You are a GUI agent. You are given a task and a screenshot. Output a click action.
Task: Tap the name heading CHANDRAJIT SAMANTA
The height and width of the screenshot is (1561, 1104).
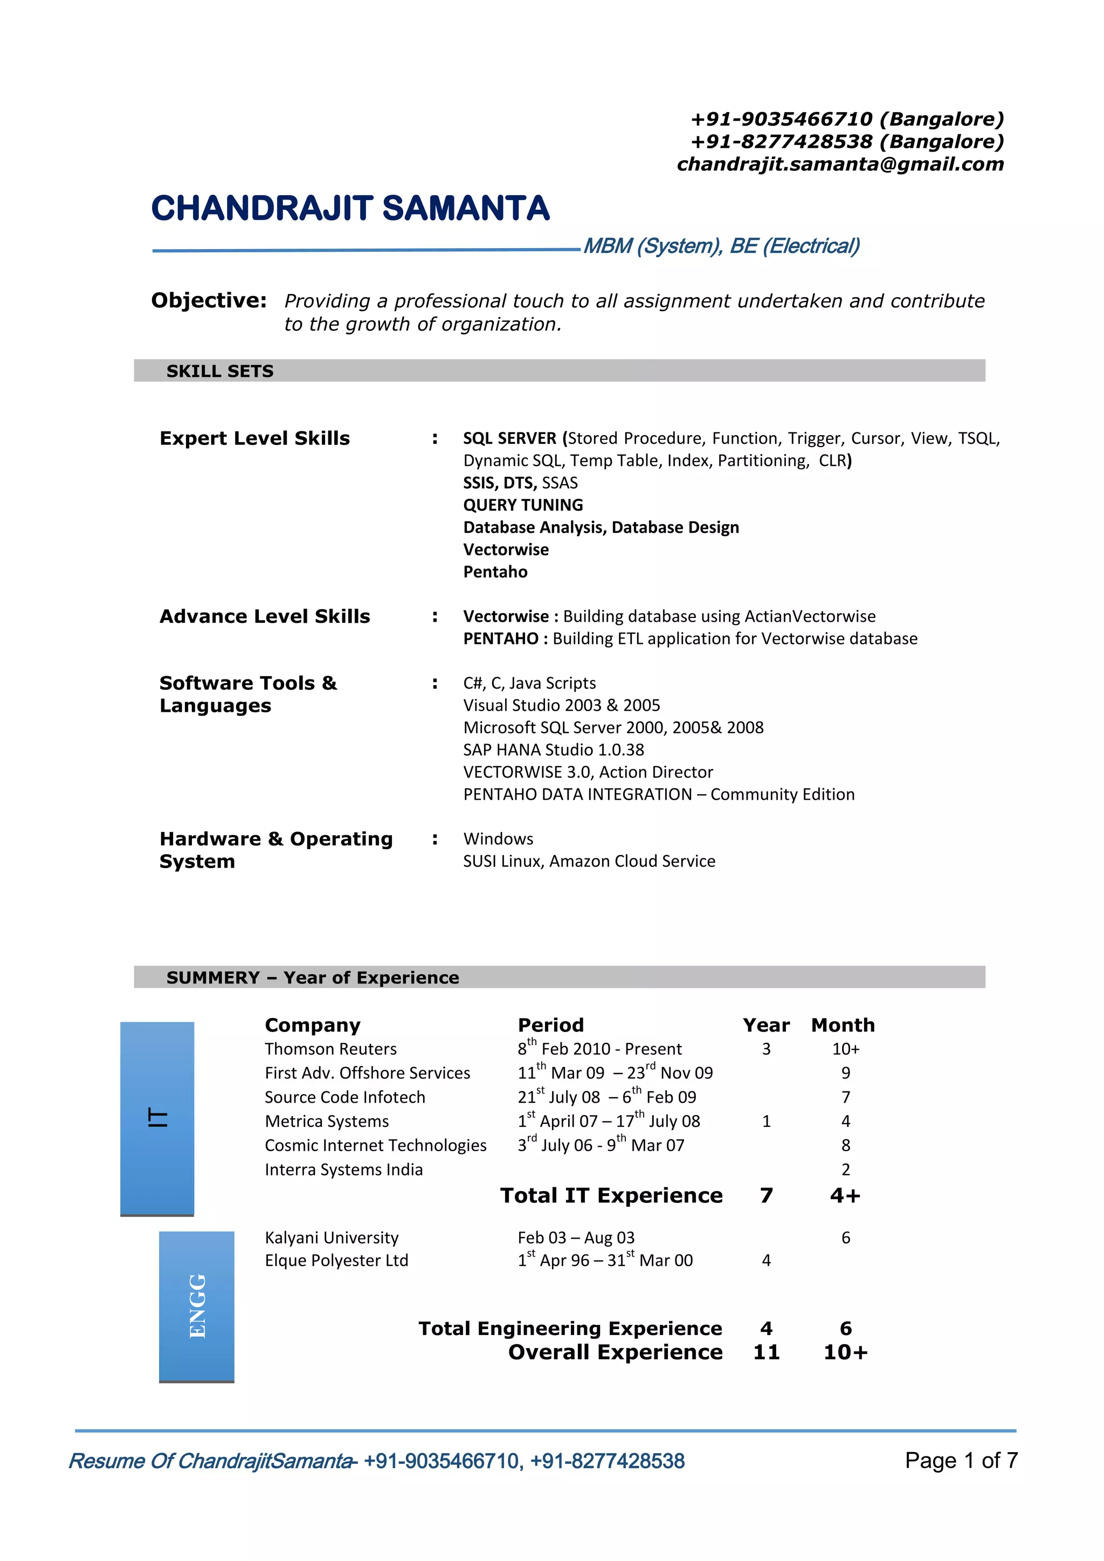tap(350, 208)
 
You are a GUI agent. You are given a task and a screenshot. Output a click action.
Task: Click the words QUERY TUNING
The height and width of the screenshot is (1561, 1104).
tap(523, 505)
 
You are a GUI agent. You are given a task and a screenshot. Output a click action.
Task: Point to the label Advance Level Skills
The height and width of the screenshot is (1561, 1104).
tap(265, 617)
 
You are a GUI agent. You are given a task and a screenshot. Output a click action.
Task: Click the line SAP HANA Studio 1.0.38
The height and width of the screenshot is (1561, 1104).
tap(554, 750)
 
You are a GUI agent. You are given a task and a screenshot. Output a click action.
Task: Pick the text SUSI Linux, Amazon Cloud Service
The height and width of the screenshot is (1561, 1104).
tap(589, 862)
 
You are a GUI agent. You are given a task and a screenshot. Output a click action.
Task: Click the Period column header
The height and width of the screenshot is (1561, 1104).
tap(550, 1025)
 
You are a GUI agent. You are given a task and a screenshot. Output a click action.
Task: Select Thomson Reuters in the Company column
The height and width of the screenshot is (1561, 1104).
tap(330, 1049)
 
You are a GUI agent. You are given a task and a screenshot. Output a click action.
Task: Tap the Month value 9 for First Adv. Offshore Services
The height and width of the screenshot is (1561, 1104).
tap(845, 1073)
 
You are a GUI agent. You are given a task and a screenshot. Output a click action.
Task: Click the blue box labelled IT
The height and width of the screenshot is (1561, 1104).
tap(157, 1118)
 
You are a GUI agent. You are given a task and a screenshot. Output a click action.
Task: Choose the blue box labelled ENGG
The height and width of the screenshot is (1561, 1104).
tap(196, 1306)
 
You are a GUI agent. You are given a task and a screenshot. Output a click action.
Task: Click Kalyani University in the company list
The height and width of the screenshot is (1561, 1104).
tap(331, 1237)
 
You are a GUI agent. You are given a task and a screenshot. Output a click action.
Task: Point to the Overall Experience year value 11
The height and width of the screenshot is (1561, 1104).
tap(766, 1352)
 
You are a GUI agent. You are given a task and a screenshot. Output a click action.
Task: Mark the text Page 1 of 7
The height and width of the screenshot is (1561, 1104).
tap(961, 1460)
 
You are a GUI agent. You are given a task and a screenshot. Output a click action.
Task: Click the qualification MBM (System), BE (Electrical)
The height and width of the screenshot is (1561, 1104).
tap(721, 246)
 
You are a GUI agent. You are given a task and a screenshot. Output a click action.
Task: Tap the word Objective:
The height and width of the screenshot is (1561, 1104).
tap(209, 300)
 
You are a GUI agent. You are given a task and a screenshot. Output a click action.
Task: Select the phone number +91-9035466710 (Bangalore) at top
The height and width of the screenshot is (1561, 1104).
tap(847, 119)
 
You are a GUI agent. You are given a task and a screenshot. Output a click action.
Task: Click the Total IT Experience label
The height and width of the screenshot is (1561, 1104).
tap(611, 1195)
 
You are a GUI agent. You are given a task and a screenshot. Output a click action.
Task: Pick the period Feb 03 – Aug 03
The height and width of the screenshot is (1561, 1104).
tap(576, 1237)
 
